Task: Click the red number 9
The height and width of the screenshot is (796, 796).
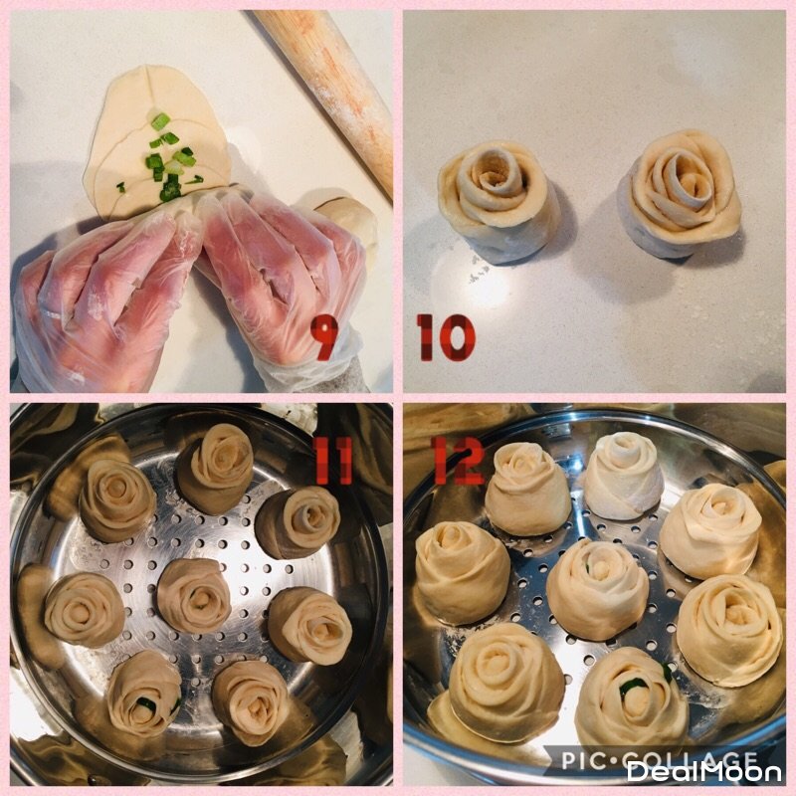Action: coord(324,337)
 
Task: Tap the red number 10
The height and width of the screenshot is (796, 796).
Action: coord(446,337)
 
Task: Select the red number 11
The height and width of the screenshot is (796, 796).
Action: coord(332,460)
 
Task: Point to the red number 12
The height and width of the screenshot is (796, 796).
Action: coord(458,461)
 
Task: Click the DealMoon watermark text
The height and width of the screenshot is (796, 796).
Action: coord(703,773)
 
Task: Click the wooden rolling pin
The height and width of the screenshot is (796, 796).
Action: coord(330,92)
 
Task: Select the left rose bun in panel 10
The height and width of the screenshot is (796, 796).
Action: coord(498,201)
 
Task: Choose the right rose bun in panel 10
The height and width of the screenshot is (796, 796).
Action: coord(681,194)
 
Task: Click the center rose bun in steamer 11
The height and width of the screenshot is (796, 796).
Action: coord(194,595)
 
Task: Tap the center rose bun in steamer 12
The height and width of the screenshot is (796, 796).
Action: coord(598,589)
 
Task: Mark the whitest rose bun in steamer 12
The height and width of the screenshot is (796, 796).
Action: coord(624,476)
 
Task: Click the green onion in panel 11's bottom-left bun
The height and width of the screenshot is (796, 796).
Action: coord(146,703)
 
